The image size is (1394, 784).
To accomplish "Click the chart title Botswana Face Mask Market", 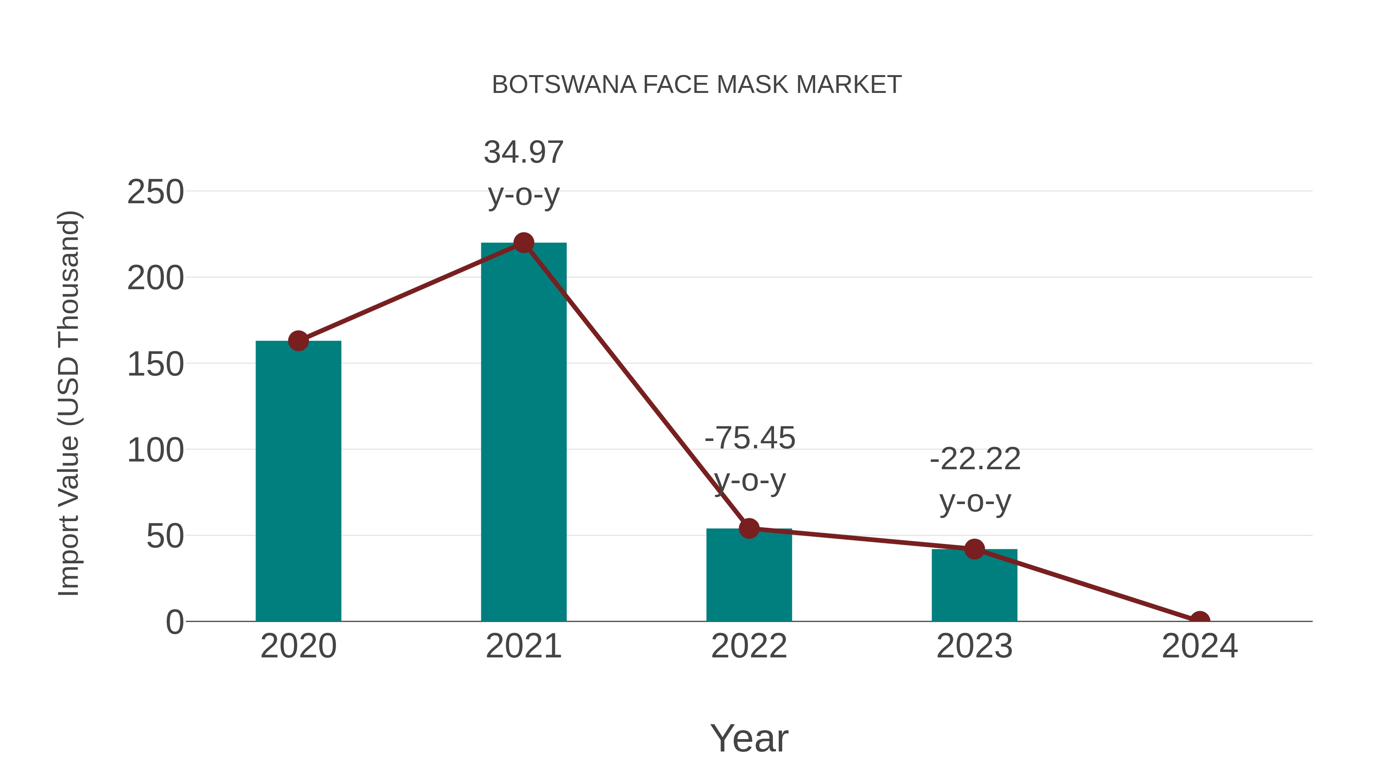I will pos(697,85).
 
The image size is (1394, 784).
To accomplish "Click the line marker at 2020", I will pos(298,341).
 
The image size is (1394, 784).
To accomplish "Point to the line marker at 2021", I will pos(523,243).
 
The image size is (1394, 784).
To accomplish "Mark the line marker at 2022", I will pos(749,528).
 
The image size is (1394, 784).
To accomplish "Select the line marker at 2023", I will pos(974,549).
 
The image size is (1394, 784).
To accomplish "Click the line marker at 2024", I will pos(1200,620).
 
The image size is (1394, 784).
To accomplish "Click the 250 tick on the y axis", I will pos(155,192).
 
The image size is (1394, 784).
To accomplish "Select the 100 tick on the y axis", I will pos(155,450).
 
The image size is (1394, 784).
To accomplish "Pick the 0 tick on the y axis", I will pos(175,622).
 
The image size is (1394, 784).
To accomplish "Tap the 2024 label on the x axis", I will pos(1200,646).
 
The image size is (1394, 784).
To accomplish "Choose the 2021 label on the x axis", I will pos(523,646).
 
